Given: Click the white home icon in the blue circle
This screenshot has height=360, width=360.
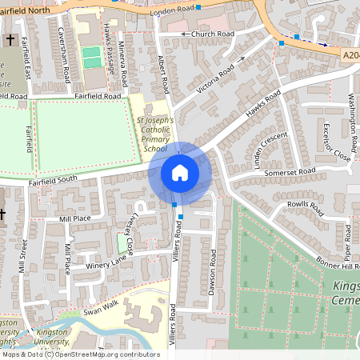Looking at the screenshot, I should (x=180, y=172).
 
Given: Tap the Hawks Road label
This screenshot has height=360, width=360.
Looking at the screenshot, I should (x=265, y=106).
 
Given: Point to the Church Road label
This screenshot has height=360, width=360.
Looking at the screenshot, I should (x=206, y=34).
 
